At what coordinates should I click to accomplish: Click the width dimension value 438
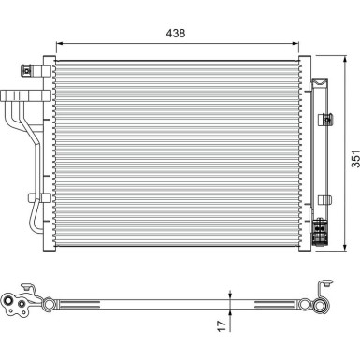[x=177, y=32]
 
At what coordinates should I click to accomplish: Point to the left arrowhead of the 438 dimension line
[x=60, y=42]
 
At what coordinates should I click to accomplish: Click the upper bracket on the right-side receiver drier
[x=325, y=117]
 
